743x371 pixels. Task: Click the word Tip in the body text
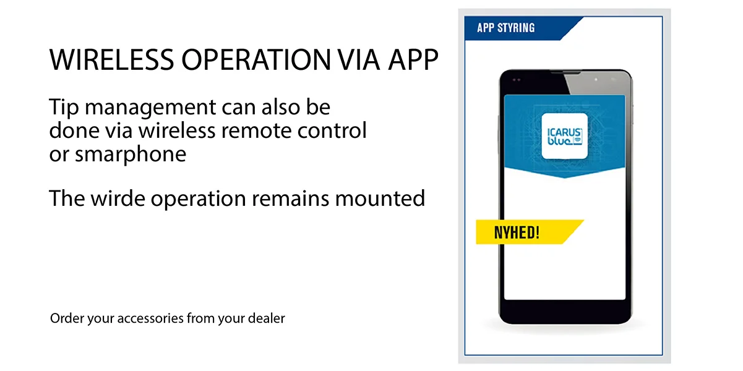point(64,108)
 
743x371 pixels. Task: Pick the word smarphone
point(131,155)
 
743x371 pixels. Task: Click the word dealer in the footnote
point(266,319)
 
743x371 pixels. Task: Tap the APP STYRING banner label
point(506,28)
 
